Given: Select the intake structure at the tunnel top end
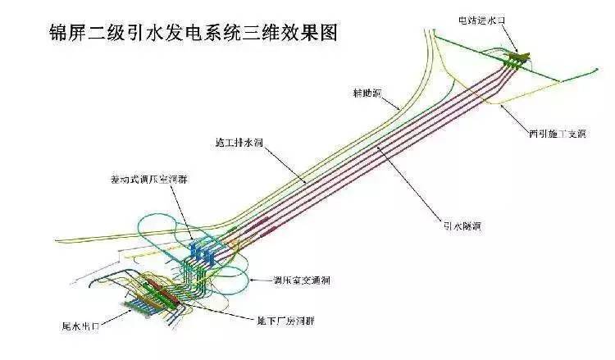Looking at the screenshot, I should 514,57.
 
